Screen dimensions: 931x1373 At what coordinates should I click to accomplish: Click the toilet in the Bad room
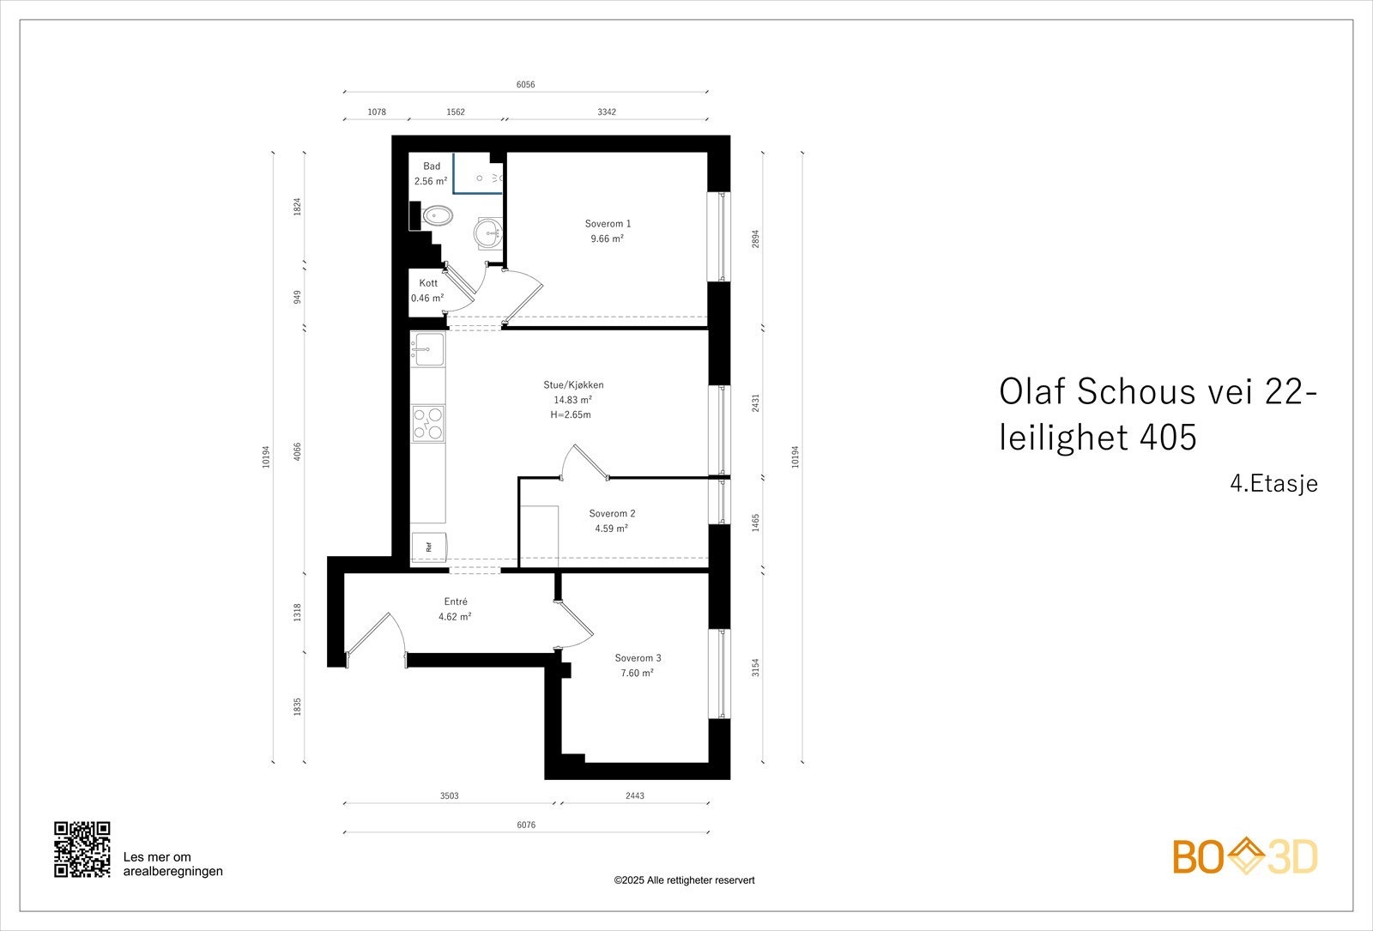[438, 215]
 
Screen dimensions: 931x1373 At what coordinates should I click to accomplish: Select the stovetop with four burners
[428, 423]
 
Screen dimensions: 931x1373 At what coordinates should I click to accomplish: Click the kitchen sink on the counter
[427, 349]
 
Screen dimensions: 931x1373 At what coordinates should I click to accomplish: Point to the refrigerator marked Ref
[428, 547]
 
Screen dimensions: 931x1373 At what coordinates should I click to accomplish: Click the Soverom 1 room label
[608, 224]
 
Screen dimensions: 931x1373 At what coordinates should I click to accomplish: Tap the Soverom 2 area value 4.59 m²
[612, 529]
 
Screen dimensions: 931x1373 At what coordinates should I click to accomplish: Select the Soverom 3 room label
[638, 658]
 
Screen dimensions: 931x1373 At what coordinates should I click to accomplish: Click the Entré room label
[456, 602]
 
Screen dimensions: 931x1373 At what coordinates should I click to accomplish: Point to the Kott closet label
[428, 283]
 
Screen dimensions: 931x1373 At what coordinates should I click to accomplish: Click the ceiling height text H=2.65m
[571, 414]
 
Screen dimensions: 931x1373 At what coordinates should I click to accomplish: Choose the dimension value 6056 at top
[525, 85]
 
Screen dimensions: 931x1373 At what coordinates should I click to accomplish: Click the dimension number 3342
[607, 112]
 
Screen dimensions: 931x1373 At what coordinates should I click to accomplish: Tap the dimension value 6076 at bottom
[526, 825]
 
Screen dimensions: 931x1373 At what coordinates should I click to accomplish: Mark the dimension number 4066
[297, 451]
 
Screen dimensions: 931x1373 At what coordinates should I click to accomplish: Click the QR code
[82, 849]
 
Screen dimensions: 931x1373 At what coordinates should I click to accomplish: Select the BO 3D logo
[1245, 856]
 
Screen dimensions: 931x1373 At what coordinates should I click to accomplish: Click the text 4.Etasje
[1273, 484]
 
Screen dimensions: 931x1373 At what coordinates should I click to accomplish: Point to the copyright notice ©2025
[684, 880]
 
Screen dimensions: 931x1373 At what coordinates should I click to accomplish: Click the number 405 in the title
[1168, 438]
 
